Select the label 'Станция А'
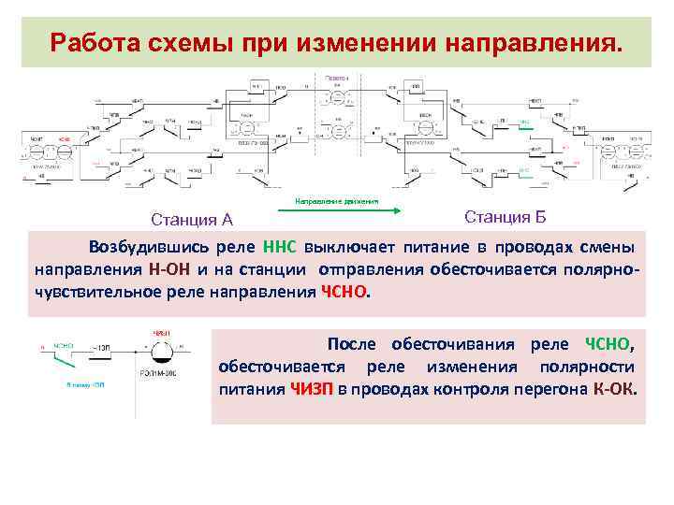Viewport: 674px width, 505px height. (192, 221)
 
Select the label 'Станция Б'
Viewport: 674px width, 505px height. (505, 218)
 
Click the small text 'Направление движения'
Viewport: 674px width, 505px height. (337, 200)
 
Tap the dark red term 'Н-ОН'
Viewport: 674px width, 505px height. (169, 269)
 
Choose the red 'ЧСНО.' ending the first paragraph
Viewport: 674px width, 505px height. (345, 291)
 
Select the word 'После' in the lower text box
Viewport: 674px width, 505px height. (351, 344)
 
